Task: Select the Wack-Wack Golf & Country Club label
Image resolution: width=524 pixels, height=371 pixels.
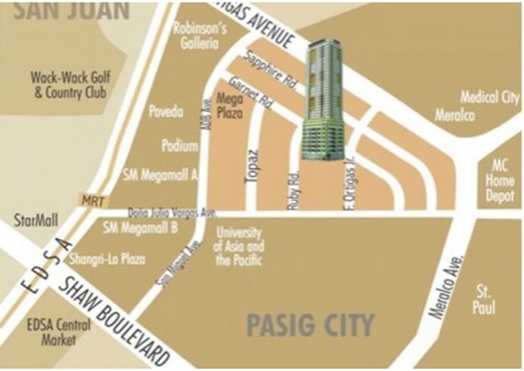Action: pos(70,84)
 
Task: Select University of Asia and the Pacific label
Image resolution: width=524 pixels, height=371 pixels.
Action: pos(238,246)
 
